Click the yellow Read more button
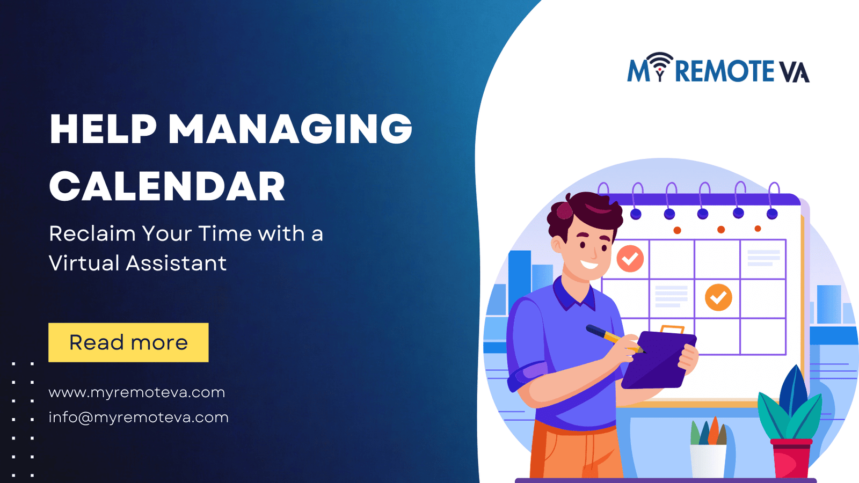128,342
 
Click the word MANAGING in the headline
290,129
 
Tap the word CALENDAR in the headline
167,187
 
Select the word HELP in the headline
103,129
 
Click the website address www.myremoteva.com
137,392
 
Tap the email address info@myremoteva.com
139,417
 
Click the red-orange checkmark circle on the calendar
630,259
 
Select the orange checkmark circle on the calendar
718,297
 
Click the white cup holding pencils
708,460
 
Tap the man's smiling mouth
589,265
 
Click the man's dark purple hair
583,209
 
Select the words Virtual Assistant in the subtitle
137,263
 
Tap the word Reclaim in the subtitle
92,234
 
